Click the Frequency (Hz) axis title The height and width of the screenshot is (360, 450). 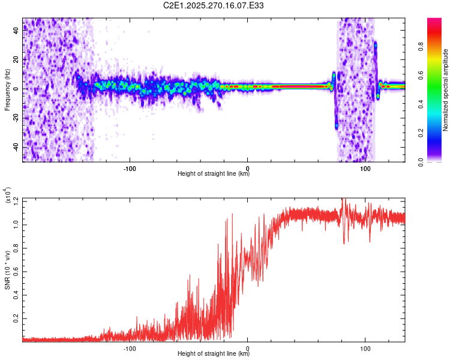7,89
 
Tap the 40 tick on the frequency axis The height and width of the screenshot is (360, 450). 16,31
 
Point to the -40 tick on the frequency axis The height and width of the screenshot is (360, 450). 15,147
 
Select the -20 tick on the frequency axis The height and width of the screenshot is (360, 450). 15,118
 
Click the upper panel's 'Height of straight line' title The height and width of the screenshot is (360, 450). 214,174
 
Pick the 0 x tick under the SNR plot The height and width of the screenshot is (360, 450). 248,347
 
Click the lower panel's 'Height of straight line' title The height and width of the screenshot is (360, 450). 214,354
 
